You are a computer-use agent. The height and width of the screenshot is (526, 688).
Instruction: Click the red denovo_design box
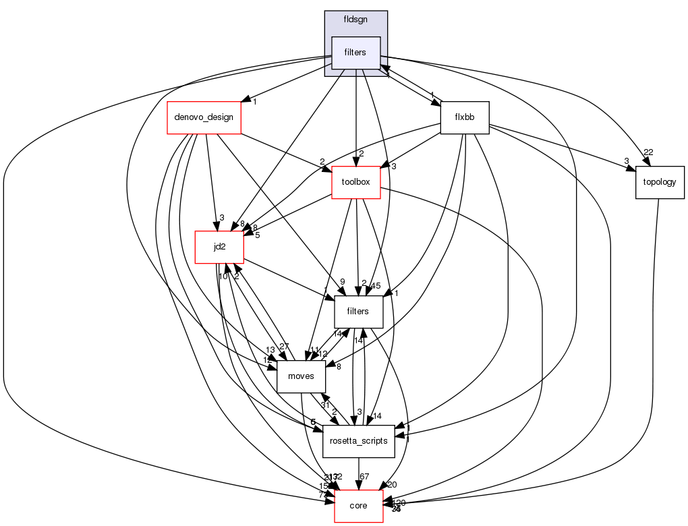coord(204,117)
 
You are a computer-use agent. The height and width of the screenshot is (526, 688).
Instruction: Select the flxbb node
coord(464,117)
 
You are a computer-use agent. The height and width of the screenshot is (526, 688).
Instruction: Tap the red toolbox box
coord(356,182)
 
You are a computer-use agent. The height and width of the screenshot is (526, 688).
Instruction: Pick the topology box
coord(660,182)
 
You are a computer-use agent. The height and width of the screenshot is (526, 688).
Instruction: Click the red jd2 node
coord(219,247)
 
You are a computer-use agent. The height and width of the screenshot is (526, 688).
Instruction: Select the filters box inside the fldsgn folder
coord(355,53)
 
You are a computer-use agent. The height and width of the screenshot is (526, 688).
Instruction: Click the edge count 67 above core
coord(365,477)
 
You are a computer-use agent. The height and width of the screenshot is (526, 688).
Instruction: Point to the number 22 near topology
coord(649,152)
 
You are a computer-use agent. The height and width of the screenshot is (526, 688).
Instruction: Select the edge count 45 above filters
coord(376,285)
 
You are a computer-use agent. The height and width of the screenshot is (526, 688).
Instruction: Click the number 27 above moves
coord(285,347)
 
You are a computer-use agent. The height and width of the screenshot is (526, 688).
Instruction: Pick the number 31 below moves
coord(324,405)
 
